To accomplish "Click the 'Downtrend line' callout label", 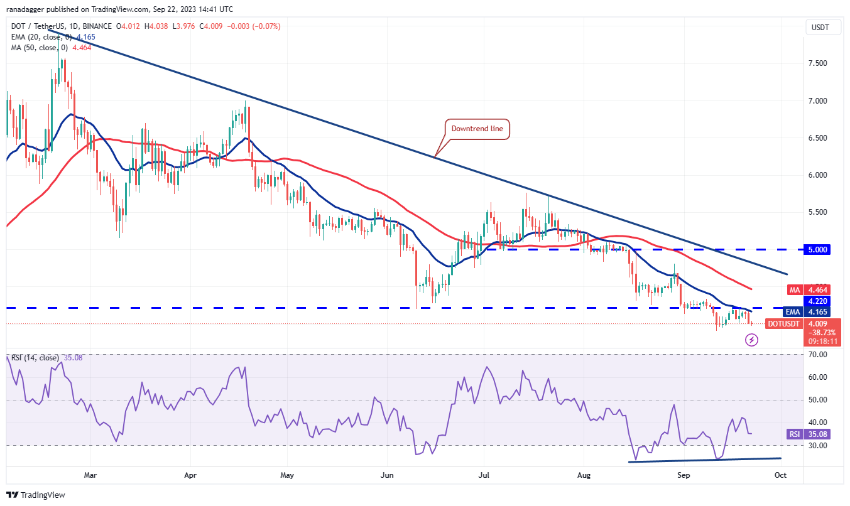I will [x=477, y=129].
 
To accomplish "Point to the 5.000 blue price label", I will [x=817, y=249].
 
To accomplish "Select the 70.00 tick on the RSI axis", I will [x=819, y=355].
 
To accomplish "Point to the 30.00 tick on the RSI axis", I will [x=819, y=445].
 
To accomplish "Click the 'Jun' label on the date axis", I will [x=387, y=475].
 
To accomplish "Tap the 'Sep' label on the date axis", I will [x=684, y=475].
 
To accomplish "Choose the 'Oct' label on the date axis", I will [x=780, y=475].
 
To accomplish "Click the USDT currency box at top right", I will [x=819, y=27].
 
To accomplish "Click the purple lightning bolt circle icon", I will [x=752, y=340].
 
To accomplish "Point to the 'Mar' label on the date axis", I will [x=91, y=475].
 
